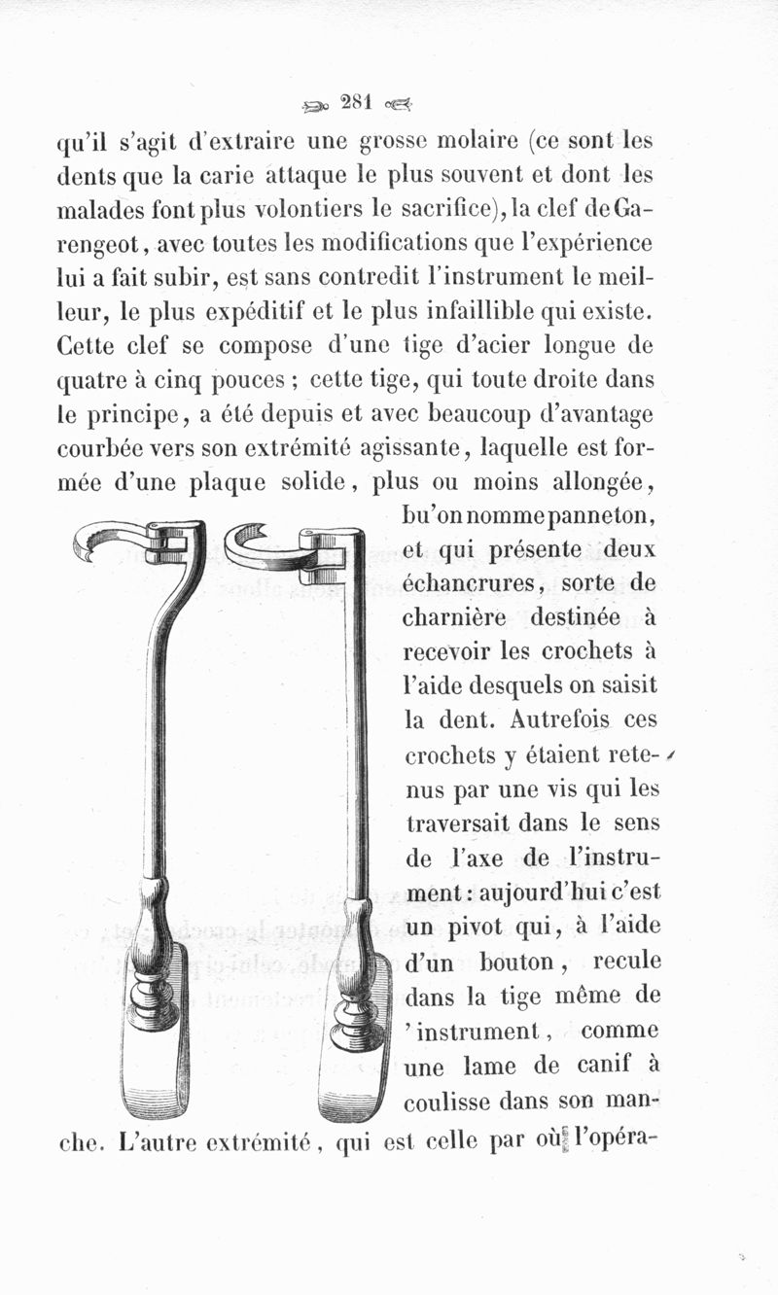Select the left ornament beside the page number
point(317,104)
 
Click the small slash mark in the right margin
point(672,757)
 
